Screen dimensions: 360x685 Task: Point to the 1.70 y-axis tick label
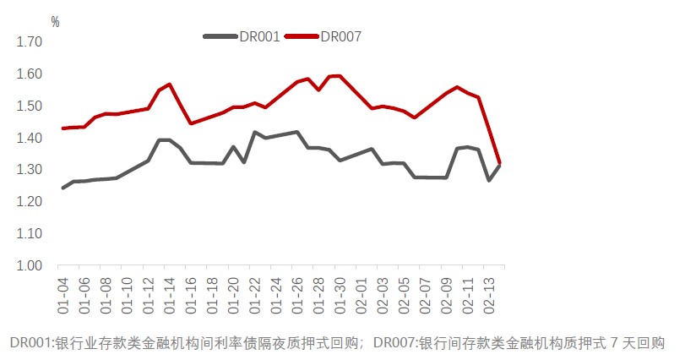[x=30, y=41]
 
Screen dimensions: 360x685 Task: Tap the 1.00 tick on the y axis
[x=30, y=265]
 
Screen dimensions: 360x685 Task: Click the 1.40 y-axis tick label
[x=30, y=138]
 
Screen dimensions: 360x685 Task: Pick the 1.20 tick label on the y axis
[x=30, y=201]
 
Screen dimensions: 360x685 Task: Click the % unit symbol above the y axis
[x=55, y=22]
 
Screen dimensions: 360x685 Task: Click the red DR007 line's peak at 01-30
[x=340, y=75]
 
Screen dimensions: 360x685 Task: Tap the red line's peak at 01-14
[x=170, y=85]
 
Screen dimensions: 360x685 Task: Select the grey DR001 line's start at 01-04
[x=63, y=188]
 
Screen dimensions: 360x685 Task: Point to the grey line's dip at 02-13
[x=489, y=180]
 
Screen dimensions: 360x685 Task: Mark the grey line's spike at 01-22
[x=254, y=132]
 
